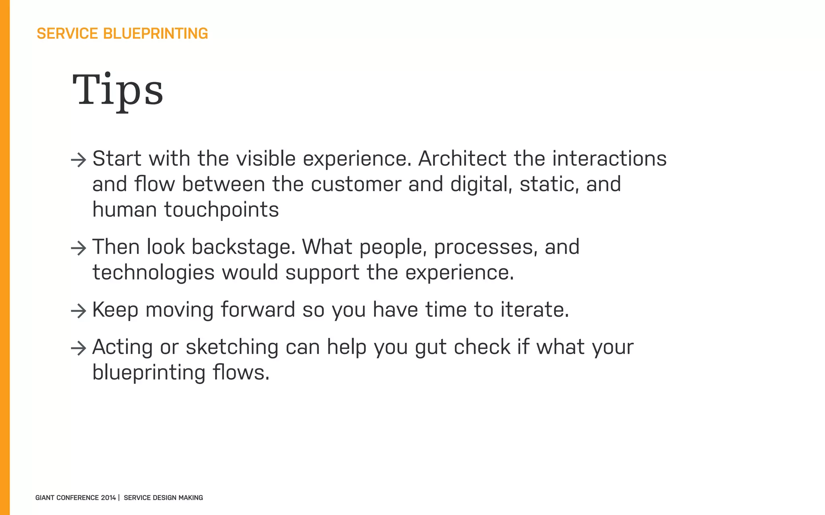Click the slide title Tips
118,91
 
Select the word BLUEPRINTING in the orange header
155,34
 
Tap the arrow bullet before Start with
79,160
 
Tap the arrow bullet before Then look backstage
79,248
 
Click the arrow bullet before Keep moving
79,311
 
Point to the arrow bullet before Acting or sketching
79,348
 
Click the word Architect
462,159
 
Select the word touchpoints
221,210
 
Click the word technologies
153,273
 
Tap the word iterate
535,310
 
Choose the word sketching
232,347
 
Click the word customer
356,184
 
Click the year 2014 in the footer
108,498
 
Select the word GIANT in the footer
45,498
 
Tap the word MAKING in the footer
191,498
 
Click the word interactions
609,159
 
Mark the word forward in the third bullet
258,310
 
